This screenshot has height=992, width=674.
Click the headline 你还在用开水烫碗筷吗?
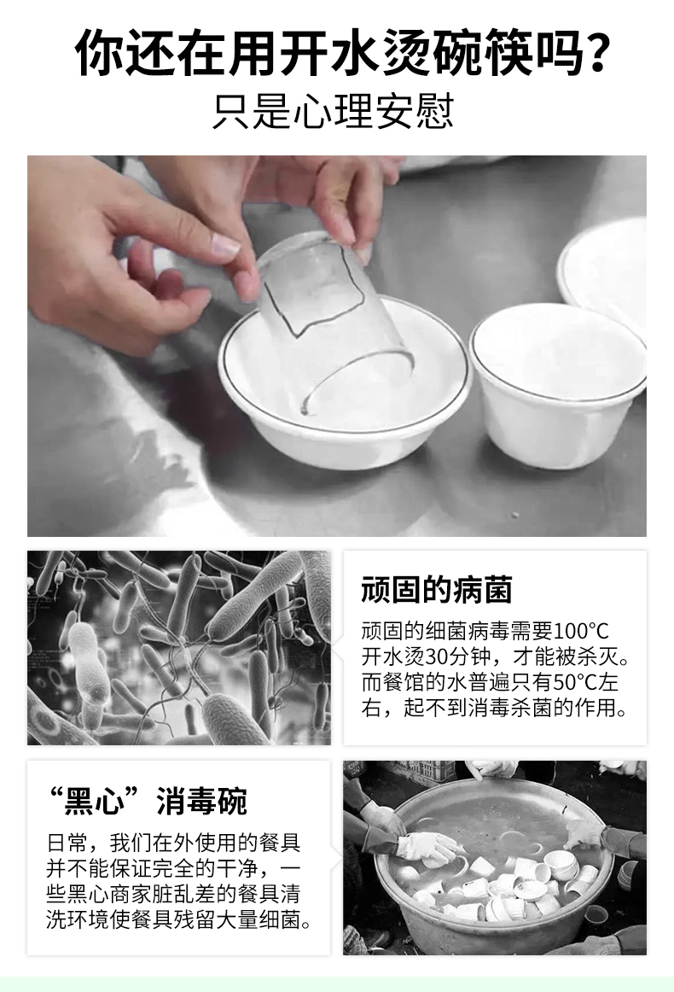(x=342, y=53)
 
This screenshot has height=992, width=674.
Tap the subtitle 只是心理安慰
(x=334, y=112)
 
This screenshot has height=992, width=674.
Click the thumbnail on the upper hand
(x=225, y=243)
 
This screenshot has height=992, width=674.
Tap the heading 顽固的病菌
(x=436, y=590)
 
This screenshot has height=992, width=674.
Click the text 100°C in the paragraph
(x=580, y=631)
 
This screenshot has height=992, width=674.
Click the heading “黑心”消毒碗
(x=148, y=801)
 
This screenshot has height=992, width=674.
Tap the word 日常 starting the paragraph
(x=67, y=843)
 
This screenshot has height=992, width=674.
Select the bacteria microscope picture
(x=179, y=647)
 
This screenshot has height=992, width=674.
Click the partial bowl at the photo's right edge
(x=604, y=273)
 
